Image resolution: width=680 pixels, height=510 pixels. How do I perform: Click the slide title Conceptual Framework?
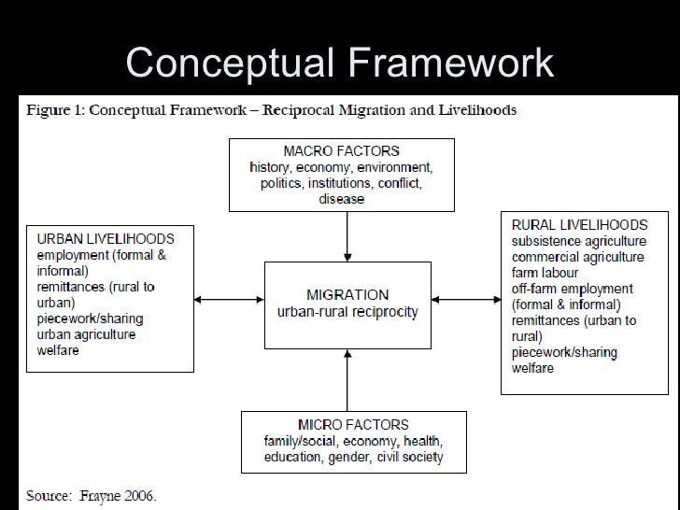pos(339,63)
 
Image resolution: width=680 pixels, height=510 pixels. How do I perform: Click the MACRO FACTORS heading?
pos(341,150)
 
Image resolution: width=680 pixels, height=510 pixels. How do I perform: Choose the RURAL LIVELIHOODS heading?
pos(579,225)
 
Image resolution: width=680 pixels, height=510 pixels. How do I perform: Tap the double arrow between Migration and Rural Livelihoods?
pos(467,299)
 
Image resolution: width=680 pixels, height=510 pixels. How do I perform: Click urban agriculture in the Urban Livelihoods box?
pos(86,334)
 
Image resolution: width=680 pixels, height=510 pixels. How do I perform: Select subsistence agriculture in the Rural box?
pos(578,241)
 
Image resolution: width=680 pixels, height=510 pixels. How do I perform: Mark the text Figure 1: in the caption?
pos(52,110)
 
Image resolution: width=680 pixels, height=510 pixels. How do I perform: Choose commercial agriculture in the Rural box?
pos(577,257)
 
